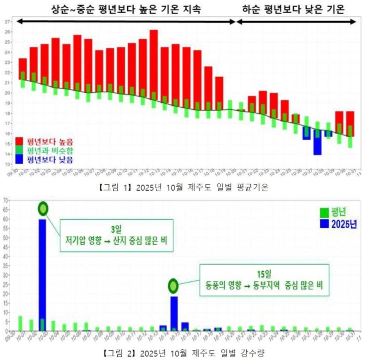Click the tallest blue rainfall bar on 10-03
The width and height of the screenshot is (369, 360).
pos(42,275)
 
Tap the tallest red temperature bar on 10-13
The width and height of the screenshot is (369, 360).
pos(154,65)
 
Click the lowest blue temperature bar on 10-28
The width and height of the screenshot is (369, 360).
pos(317,142)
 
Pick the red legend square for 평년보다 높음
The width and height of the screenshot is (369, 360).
pos(19,141)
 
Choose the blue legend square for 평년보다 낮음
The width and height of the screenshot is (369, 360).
pos(19,160)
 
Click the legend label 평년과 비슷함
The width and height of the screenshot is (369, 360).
pos(50,150)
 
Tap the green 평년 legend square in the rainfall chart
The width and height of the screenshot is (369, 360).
pos(324,213)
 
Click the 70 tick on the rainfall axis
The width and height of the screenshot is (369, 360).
pos(5,201)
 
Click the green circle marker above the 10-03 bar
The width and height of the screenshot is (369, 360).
pos(43,209)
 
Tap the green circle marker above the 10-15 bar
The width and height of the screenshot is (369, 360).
pos(173,286)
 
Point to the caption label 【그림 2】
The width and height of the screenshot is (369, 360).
pos(118,354)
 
